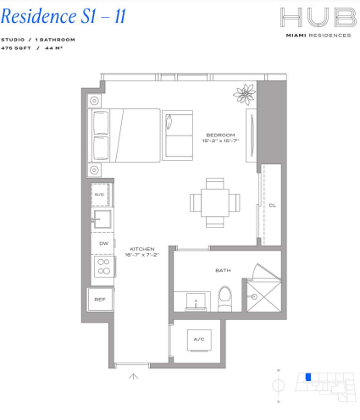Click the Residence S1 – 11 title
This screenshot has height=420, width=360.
(64, 16)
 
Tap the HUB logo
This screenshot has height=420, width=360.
(318, 18)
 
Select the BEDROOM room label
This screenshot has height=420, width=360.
(220, 135)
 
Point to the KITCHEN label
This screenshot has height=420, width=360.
(142, 249)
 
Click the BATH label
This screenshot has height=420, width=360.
(223, 270)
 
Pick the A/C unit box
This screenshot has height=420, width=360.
(199, 340)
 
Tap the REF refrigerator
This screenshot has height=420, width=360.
(100, 300)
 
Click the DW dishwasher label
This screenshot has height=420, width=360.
(103, 243)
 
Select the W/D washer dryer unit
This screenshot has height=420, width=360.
(100, 195)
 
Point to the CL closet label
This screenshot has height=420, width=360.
(273, 205)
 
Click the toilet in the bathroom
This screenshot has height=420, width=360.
(224, 299)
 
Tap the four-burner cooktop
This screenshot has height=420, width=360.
(104, 267)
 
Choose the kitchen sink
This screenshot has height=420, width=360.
(102, 218)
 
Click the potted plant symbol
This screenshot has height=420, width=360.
(245, 94)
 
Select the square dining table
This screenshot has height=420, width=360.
(214, 202)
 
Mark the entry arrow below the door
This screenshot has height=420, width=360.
(133, 377)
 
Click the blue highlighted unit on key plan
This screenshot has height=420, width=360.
(308, 377)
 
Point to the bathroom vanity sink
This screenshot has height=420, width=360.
(196, 302)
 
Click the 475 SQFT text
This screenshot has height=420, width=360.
(16, 48)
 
